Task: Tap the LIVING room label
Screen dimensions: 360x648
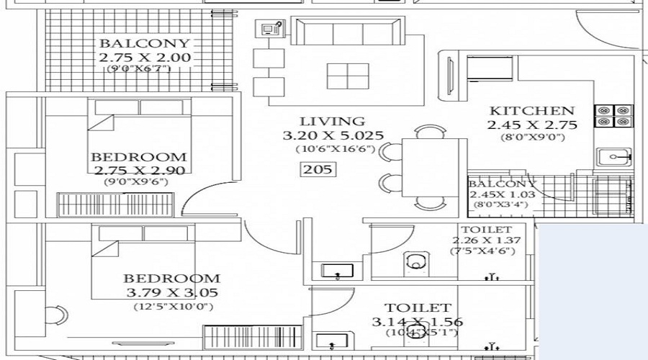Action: (333, 121)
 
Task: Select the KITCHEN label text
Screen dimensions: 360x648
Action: (532, 111)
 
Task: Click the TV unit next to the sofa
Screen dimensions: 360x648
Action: (272, 30)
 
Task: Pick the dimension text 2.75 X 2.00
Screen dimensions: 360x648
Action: (145, 57)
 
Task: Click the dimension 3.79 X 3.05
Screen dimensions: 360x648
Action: (171, 292)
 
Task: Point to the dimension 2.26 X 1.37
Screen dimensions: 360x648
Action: (486, 240)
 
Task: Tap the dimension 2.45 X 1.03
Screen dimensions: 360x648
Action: (500, 194)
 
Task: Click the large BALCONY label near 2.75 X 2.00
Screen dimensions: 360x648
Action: (145, 43)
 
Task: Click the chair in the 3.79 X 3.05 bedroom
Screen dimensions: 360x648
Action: (57, 315)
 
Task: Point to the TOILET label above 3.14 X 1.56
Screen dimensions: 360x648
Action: (418, 308)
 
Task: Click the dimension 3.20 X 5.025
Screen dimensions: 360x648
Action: (333, 135)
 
